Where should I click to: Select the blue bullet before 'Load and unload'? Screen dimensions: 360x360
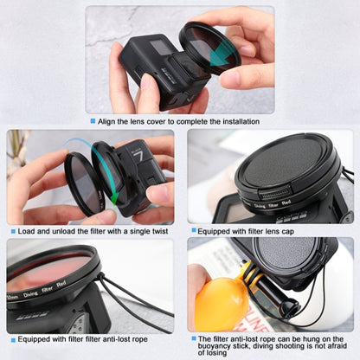click(x=12, y=231)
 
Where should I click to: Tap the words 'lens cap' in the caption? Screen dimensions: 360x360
click(x=281, y=231)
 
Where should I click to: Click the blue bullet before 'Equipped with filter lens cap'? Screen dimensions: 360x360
click(x=192, y=231)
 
